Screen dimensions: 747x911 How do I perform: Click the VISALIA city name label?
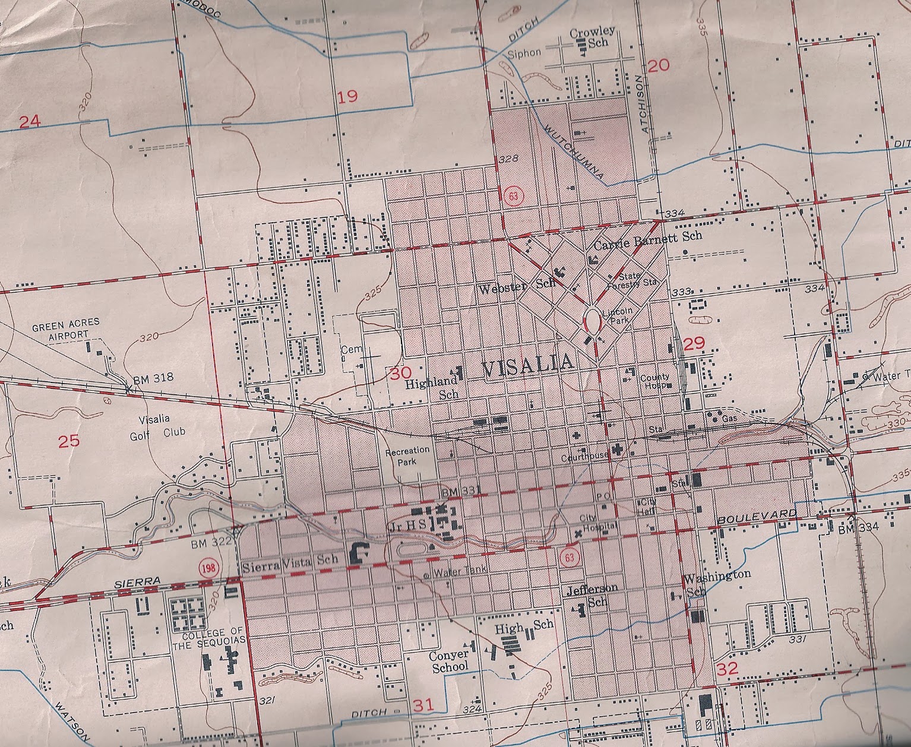527,363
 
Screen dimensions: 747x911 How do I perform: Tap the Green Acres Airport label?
65,330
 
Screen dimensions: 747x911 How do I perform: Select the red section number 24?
30,122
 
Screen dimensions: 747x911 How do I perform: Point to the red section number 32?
727,669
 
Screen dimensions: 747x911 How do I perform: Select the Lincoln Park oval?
593,320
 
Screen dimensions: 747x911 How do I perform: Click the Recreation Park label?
407,456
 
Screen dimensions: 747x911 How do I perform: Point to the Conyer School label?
450,660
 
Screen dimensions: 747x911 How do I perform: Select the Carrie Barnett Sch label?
647,236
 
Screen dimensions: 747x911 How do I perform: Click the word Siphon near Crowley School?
524,53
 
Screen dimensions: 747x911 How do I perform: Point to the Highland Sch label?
432,388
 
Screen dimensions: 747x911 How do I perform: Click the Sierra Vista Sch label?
290,559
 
